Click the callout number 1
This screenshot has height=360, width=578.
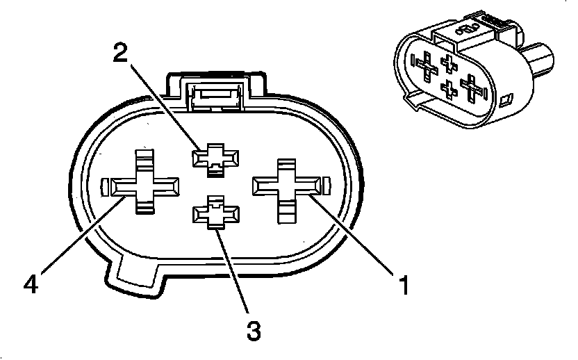coord(401,284)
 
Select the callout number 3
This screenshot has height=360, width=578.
coord(254,329)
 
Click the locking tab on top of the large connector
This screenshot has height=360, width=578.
coord(215,91)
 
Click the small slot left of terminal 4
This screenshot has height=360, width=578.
coord(105,186)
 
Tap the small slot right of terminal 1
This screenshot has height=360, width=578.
coord(327,186)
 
